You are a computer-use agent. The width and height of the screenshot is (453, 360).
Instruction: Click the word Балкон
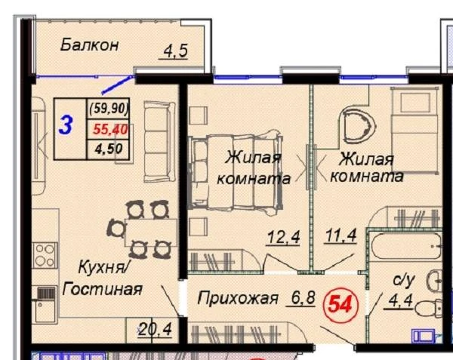[90, 45]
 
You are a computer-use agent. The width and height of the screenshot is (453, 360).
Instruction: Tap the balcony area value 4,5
[175, 51]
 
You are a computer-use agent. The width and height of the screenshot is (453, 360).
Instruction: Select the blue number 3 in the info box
[66, 126]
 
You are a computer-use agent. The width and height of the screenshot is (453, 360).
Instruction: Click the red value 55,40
[110, 129]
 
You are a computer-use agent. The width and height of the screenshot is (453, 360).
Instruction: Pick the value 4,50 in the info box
[109, 149]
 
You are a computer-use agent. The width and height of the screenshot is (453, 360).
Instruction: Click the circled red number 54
[341, 305]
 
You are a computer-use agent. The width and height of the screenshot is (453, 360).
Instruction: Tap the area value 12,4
[284, 237]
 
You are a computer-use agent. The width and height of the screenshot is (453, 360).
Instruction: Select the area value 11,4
[341, 235]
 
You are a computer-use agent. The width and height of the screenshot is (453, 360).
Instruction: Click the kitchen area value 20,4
[155, 329]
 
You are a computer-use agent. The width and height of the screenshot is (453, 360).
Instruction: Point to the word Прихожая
[238, 298]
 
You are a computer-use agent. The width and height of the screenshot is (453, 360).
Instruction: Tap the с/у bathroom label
[404, 280]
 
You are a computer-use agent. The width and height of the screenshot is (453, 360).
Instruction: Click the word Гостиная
[102, 289]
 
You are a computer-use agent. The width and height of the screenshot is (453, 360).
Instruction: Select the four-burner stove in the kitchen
[45, 256]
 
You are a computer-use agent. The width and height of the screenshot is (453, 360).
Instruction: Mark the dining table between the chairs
[151, 232]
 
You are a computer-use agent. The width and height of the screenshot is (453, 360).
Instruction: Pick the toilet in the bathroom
[429, 308]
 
